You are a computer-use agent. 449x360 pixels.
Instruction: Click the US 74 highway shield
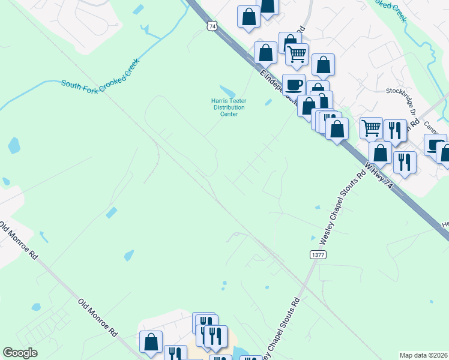[x=211, y=26]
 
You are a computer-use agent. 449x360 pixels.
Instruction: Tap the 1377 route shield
[x=318, y=255]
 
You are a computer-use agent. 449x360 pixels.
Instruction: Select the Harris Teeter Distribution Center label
[x=225, y=107]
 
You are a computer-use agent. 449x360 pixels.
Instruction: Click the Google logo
[x=20, y=353]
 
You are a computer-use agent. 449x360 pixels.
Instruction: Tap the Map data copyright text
[x=423, y=355]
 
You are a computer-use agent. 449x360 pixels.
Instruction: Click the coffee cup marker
[x=293, y=85]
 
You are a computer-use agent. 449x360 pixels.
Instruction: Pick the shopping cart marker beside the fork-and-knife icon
[x=372, y=127]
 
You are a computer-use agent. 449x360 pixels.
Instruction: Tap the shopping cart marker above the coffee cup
[x=297, y=54]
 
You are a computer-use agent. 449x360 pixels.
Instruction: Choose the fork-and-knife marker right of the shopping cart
[x=394, y=130]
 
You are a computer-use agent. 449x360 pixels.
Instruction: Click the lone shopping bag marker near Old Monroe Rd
[x=151, y=341]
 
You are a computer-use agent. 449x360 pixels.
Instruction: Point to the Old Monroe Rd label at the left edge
[x=18, y=240]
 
